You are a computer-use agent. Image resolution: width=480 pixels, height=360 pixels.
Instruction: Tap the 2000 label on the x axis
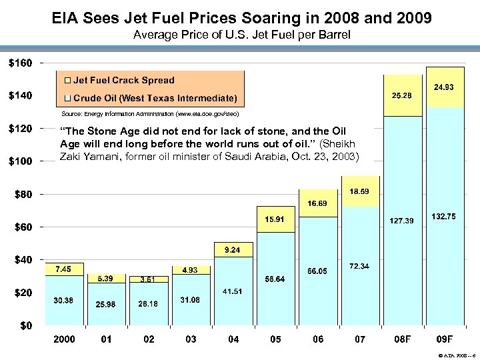click(x=64, y=339)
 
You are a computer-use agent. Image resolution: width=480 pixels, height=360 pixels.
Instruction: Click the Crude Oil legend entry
click(x=154, y=99)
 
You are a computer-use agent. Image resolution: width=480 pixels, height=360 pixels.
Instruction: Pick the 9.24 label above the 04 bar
click(x=233, y=250)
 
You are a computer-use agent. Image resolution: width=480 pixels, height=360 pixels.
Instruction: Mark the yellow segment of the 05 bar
click(x=276, y=219)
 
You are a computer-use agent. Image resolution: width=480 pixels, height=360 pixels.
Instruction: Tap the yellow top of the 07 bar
click(x=360, y=191)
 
